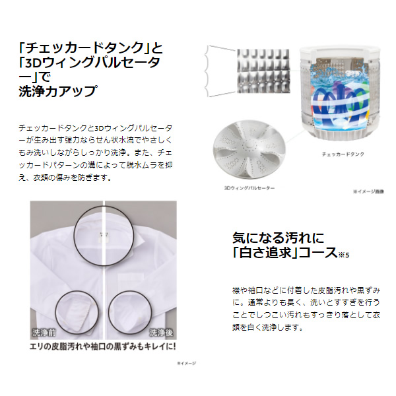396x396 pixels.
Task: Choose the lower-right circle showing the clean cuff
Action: tap(135, 307)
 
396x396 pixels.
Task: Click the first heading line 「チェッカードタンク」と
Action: tap(86, 48)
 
